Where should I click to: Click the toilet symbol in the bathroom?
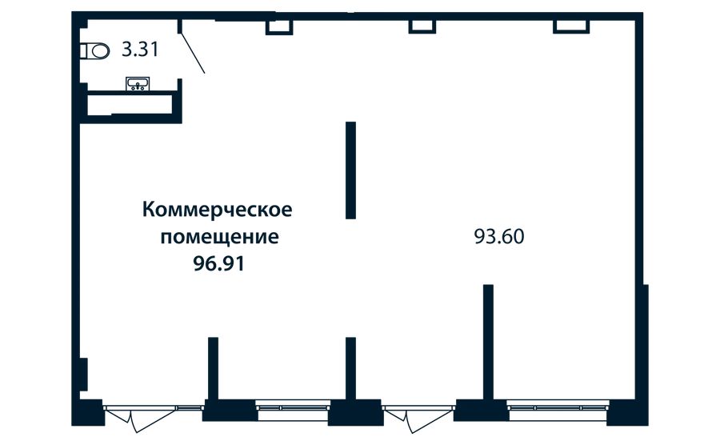95,51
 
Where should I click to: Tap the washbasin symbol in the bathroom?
138,83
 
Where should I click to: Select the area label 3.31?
141,49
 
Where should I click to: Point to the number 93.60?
499,237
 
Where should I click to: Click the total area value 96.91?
219,263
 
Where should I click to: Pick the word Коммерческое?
217,210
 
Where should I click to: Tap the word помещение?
219,237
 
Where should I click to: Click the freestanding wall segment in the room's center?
351,170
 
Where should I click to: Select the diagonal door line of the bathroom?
193,52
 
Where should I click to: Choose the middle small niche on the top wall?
422,27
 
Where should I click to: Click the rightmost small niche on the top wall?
571,27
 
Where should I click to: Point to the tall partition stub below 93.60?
489,343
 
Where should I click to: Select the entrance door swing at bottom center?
418,419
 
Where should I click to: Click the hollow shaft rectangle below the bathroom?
130,105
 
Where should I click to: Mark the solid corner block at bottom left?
88,412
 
